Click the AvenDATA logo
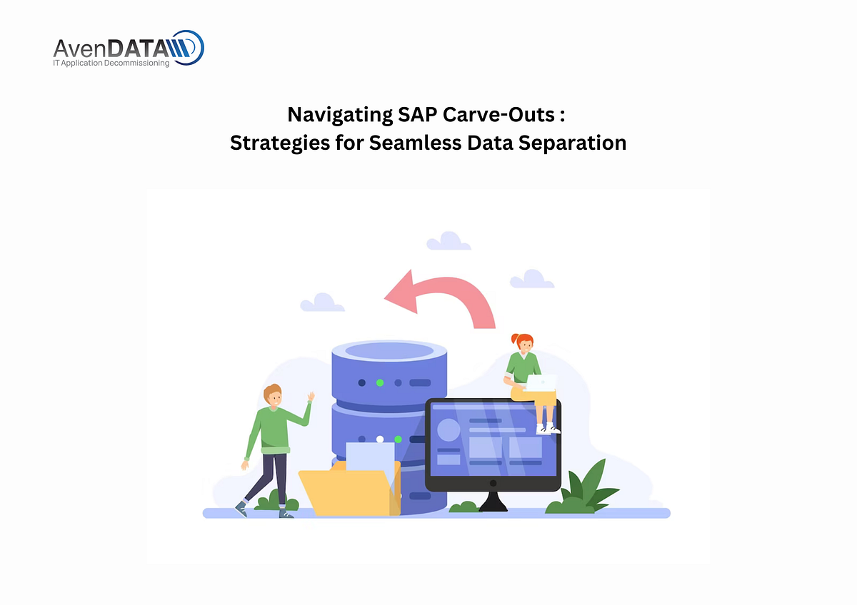(x=129, y=49)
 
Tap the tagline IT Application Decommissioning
(x=111, y=63)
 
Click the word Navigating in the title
(x=340, y=115)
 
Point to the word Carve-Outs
(x=499, y=114)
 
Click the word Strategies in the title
(x=280, y=143)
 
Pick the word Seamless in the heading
(x=415, y=143)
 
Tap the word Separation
(x=572, y=143)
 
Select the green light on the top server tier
(x=380, y=382)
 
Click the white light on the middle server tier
(x=380, y=439)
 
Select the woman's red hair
(x=522, y=340)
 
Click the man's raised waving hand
(x=311, y=397)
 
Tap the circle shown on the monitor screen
(x=448, y=429)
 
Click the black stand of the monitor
(x=493, y=502)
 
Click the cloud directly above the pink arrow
(x=448, y=241)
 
